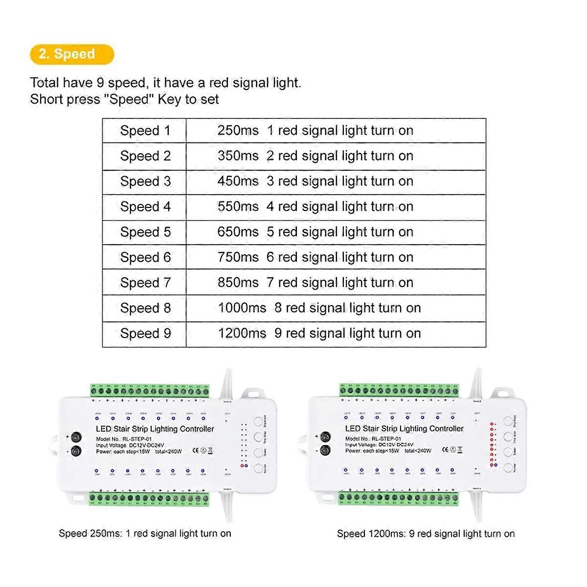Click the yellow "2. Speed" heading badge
coord(71,54)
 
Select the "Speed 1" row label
coord(145,131)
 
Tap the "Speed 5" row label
coord(145,232)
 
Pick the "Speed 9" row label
coord(145,334)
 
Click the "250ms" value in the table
coord(238,131)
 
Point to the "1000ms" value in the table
coord(242,308)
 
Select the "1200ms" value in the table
coord(242,334)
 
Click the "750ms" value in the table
coord(238,257)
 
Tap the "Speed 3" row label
coord(145,181)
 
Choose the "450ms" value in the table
coord(238,181)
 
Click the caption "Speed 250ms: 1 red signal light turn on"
coord(145,534)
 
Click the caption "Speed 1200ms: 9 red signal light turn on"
coord(426,534)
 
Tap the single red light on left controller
coord(242,466)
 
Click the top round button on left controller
coord(258,421)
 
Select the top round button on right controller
coord(508,421)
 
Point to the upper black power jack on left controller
coord(76,437)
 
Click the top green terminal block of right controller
coord(399,390)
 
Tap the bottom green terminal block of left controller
coord(149,499)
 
